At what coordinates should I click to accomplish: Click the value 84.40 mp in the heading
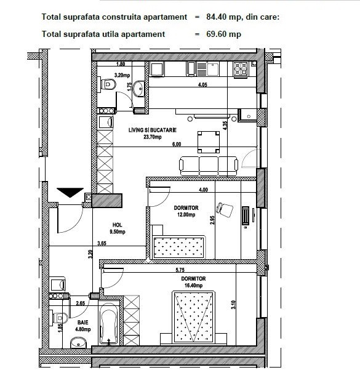(223, 17)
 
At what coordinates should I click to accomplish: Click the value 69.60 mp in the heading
(223, 34)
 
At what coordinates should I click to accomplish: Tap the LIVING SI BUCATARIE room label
(153, 130)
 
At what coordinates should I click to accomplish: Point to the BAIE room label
(83, 323)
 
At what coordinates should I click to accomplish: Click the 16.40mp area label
(193, 286)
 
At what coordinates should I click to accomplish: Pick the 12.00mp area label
(186, 215)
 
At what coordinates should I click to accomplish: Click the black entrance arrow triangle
(70, 192)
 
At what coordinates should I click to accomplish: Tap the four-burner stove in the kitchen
(241, 70)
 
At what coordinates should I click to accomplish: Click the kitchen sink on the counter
(214, 69)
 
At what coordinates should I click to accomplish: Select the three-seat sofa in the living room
(209, 166)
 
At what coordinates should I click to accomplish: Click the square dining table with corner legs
(209, 142)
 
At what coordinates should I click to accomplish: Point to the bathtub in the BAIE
(108, 326)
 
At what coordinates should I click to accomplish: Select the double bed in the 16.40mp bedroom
(193, 318)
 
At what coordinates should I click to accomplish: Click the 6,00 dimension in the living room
(177, 144)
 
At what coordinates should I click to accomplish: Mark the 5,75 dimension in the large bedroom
(180, 270)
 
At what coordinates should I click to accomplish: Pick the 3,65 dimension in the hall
(102, 243)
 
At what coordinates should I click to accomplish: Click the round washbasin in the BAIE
(78, 343)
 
